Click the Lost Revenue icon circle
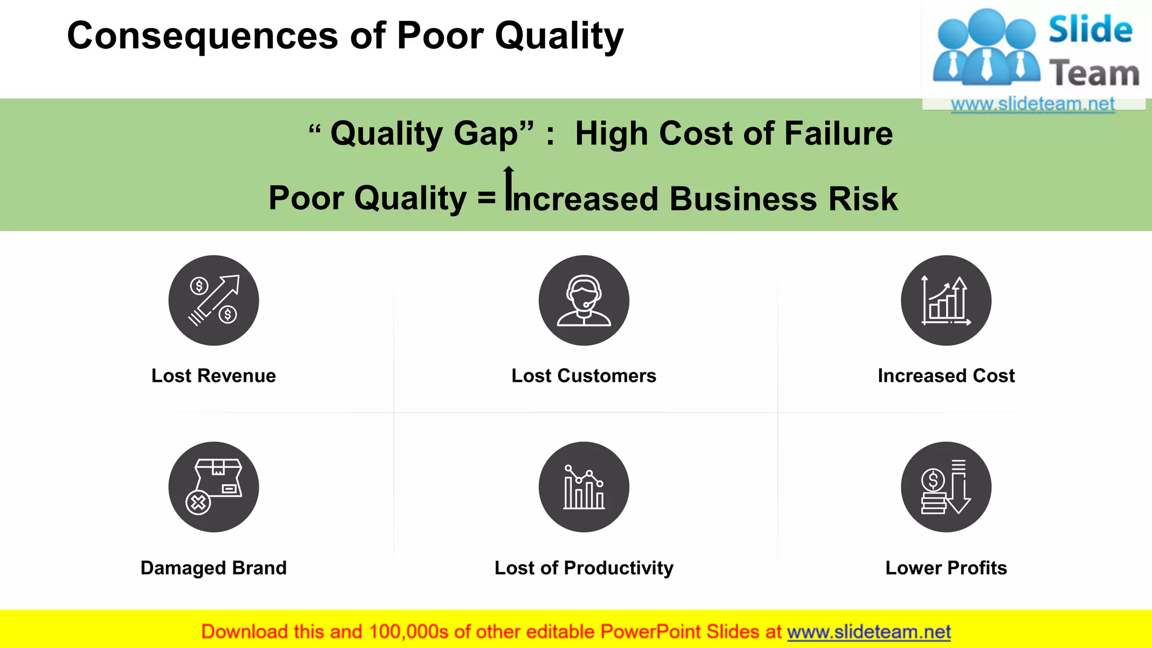coord(214,300)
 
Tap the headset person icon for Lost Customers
coord(584,300)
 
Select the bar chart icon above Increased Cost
coord(946,300)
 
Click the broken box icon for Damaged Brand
coord(214,487)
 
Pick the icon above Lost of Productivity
coord(584,487)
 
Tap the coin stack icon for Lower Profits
coord(946,487)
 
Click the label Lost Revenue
coord(214,376)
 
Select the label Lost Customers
coord(584,376)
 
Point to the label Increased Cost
coord(946,376)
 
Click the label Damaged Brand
coord(214,568)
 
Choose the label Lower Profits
coord(946,568)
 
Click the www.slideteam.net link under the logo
coord(1033,104)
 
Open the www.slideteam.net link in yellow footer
coord(868,632)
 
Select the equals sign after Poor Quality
coord(487,199)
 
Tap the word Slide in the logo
coord(1090,30)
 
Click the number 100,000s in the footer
coord(408,632)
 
